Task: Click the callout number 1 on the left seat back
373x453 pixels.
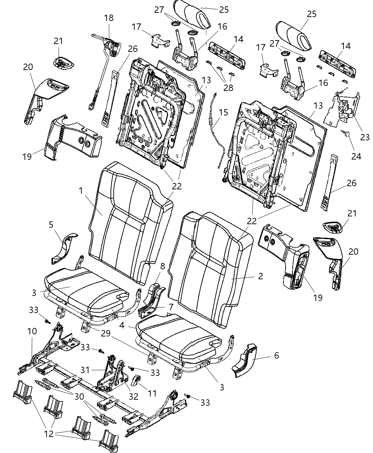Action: (x=81, y=191)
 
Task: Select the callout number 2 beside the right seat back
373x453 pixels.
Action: (x=260, y=276)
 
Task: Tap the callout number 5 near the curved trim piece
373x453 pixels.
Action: (x=51, y=225)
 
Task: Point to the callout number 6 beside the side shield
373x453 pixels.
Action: (x=276, y=355)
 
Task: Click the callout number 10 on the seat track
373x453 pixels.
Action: (x=32, y=331)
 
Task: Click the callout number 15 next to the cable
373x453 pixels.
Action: (x=223, y=113)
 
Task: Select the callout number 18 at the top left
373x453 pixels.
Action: (x=109, y=18)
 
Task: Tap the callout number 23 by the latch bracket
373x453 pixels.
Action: (x=364, y=137)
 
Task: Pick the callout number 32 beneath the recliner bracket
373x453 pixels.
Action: (x=134, y=396)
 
